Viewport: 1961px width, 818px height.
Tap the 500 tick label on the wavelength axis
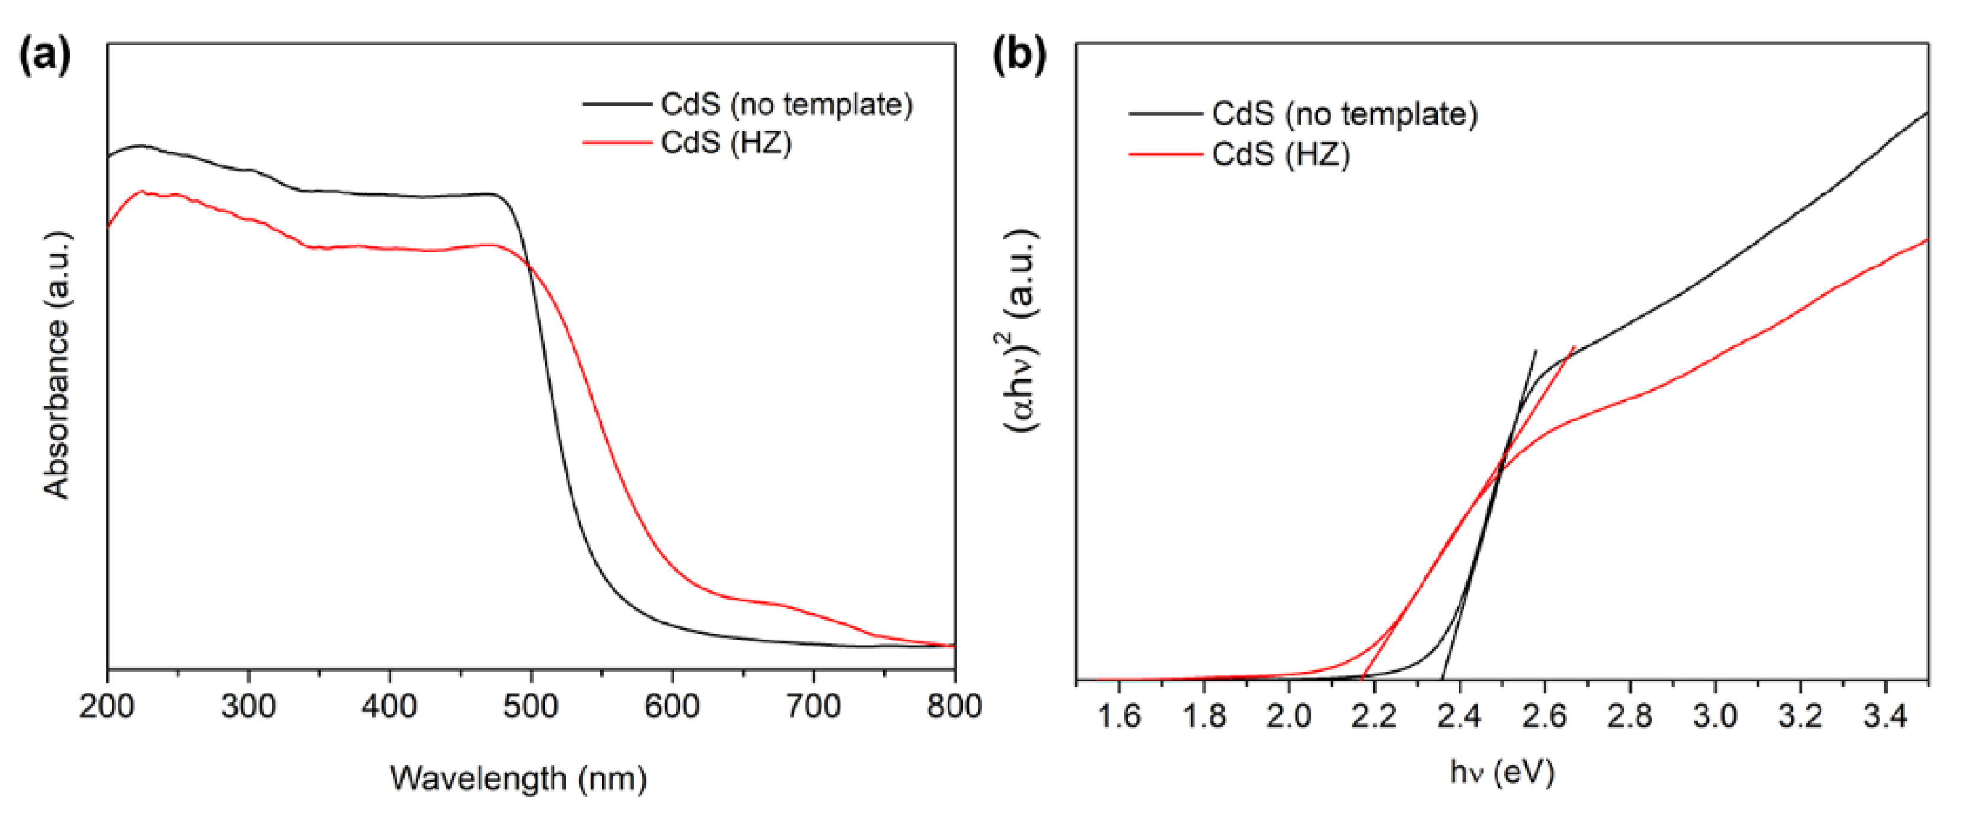point(531,708)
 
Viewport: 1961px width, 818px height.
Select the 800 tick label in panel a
point(953,708)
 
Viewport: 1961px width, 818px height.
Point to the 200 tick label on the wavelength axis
point(107,708)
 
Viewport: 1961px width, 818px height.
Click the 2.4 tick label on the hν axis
point(1459,717)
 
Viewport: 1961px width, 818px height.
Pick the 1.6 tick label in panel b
point(1118,717)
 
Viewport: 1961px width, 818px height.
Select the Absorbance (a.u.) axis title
point(57,365)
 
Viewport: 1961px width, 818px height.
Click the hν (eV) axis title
point(1501,773)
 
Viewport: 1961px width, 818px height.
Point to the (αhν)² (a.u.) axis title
point(1022,331)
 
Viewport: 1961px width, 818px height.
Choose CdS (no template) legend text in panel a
point(787,104)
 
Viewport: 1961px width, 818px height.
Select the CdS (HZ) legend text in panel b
point(1281,155)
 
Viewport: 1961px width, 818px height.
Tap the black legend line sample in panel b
point(1165,114)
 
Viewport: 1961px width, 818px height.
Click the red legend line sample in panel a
point(618,142)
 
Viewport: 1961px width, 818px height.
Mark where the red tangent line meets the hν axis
point(1361,679)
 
